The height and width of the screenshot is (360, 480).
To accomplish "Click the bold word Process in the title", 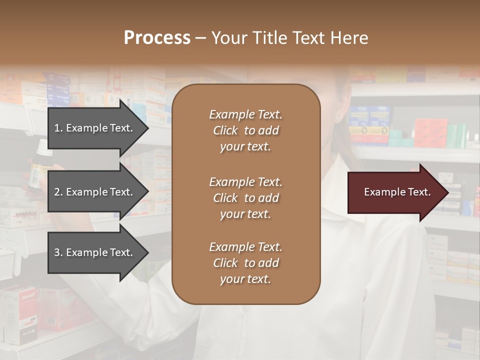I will click(x=157, y=38).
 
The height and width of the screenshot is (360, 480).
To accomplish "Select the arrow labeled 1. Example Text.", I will click(x=95, y=128).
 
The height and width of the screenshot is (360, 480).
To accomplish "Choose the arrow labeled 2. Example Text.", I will click(x=95, y=192).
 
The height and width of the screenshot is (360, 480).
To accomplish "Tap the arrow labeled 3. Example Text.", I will click(x=95, y=252).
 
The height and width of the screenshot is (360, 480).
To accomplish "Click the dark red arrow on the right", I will click(x=395, y=192).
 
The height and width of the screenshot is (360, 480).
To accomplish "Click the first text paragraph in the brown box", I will click(x=245, y=130).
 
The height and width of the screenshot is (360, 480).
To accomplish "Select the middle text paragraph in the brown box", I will click(x=245, y=198).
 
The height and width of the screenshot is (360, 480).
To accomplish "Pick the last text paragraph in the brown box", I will click(x=245, y=263).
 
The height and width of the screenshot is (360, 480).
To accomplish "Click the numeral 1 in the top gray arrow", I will click(x=57, y=128).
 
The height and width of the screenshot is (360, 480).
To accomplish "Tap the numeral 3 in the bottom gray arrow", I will click(x=57, y=252).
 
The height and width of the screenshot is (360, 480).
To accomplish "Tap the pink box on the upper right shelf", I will click(x=429, y=131).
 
